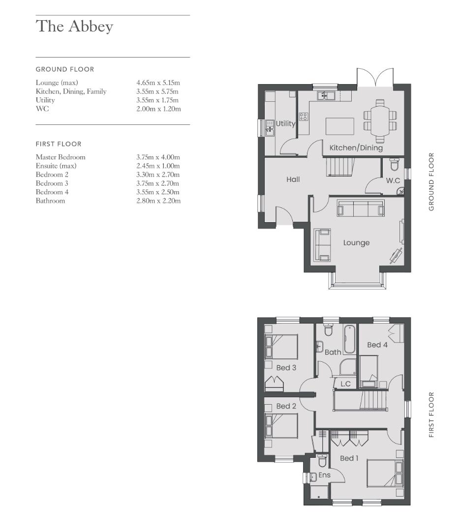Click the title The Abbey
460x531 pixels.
coord(74,27)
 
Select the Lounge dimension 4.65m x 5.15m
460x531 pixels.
coord(158,83)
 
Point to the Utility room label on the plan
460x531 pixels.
coord(285,123)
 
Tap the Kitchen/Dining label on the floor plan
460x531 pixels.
coord(356,147)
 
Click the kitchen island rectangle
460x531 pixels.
coord(339,126)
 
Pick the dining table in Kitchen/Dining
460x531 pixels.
coord(380,121)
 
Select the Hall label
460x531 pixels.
coord(293,179)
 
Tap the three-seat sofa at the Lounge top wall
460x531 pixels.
coord(361,208)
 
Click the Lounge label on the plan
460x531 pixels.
coord(356,243)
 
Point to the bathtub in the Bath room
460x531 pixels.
coord(349,339)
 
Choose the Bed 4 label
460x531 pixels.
coord(377,345)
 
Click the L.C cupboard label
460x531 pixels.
coord(345,384)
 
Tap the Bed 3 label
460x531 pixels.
coord(286,368)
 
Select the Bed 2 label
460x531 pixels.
coord(286,406)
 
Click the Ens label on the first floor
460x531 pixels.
coord(324,475)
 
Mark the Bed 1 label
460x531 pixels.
coord(349,458)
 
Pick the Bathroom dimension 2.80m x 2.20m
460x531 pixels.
coord(158,201)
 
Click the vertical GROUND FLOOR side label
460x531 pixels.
coord(431,182)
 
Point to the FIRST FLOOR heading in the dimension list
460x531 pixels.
coord(59,144)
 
